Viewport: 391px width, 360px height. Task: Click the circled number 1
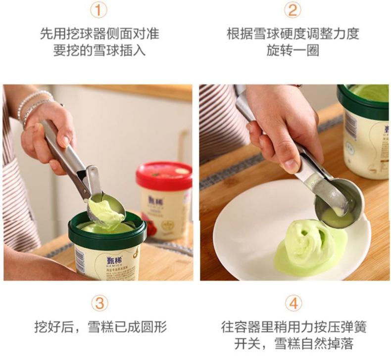pyautogui.click(x=98, y=10)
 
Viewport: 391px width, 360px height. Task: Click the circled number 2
pyautogui.click(x=293, y=10)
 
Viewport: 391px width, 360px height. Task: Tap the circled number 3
pyautogui.click(x=100, y=303)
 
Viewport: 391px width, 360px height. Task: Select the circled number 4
pyautogui.click(x=293, y=303)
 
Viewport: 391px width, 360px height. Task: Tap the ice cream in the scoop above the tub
pyautogui.click(x=106, y=213)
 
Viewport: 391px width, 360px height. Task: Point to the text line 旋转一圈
pyautogui.click(x=293, y=50)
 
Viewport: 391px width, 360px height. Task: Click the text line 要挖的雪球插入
pyautogui.click(x=99, y=50)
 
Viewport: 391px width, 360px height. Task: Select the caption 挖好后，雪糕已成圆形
pyautogui.click(x=100, y=326)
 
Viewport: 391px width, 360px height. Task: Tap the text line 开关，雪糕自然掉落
pyautogui.click(x=293, y=343)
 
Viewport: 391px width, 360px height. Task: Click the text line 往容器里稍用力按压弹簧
pyautogui.click(x=293, y=326)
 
